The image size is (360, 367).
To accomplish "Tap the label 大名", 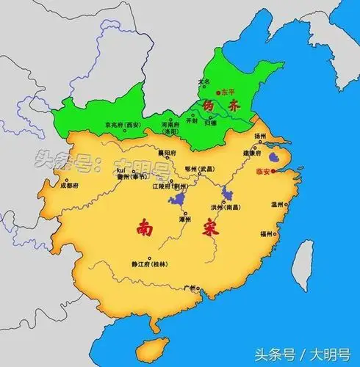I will pos(204,81).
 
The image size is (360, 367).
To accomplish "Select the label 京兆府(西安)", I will pos(123,125).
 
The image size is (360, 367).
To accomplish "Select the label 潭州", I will pos(184,219).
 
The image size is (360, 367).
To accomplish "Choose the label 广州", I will pos(192,287).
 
